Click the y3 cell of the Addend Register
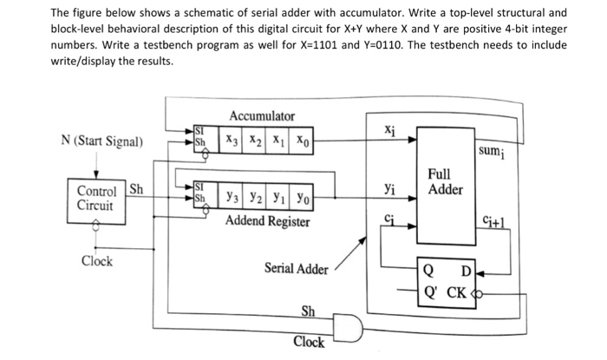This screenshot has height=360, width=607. coord(232,199)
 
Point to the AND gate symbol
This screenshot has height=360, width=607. coord(346,327)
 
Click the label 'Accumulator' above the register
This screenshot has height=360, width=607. coord(262,116)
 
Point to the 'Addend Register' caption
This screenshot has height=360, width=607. coord(267,222)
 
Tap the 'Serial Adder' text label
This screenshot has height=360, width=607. coord(296,269)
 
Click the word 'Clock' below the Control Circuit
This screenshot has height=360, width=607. coord(97,261)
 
